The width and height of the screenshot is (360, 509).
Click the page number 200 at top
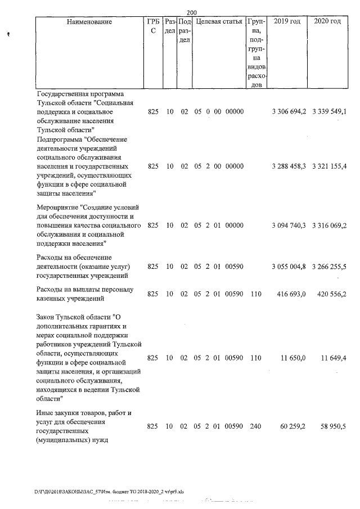tap(191, 12)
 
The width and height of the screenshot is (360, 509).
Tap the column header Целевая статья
tap(219, 22)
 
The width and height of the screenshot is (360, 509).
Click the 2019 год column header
tap(286, 22)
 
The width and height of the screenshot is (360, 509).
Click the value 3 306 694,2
tap(288, 112)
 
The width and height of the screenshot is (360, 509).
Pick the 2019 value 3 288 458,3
tap(288, 166)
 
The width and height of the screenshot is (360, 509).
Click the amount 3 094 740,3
tap(288, 226)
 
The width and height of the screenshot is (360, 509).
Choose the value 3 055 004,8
tap(288, 267)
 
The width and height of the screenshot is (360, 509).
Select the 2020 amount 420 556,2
tap(334, 294)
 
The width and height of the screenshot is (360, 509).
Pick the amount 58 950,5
tap(335, 427)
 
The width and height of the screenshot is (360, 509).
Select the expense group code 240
tap(255, 427)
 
